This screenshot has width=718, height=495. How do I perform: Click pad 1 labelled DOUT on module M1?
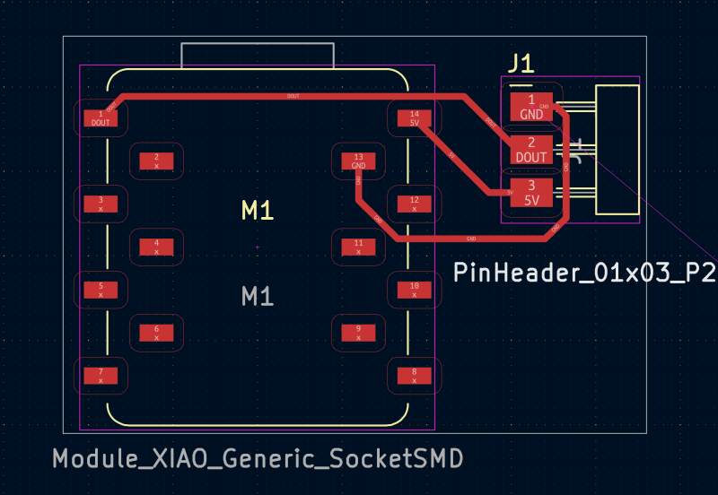[101, 117]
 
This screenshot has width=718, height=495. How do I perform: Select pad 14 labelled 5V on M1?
[414, 117]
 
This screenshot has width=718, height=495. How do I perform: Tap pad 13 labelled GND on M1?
[358, 161]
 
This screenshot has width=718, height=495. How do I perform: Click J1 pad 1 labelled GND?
[531, 107]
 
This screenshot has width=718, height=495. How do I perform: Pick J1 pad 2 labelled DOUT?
[531, 150]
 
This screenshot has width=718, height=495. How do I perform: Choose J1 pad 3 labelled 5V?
[531, 193]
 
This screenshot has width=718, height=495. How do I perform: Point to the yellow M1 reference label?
[258, 211]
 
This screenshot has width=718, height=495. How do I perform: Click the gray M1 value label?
[258, 295]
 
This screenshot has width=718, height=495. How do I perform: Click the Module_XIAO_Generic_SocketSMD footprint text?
[258, 459]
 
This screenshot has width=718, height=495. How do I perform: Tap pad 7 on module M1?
[101, 376]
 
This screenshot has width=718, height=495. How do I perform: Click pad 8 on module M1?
[414, 376]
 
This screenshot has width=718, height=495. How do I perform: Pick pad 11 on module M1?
[358, 247]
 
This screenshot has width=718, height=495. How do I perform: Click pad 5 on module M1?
[101, 290]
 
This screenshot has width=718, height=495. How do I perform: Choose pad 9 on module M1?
[358, 333]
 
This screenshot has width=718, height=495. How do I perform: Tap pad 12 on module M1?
[414, 204]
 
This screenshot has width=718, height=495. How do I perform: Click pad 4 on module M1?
[156, 247]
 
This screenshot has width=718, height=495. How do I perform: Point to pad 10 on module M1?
[414, 290]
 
